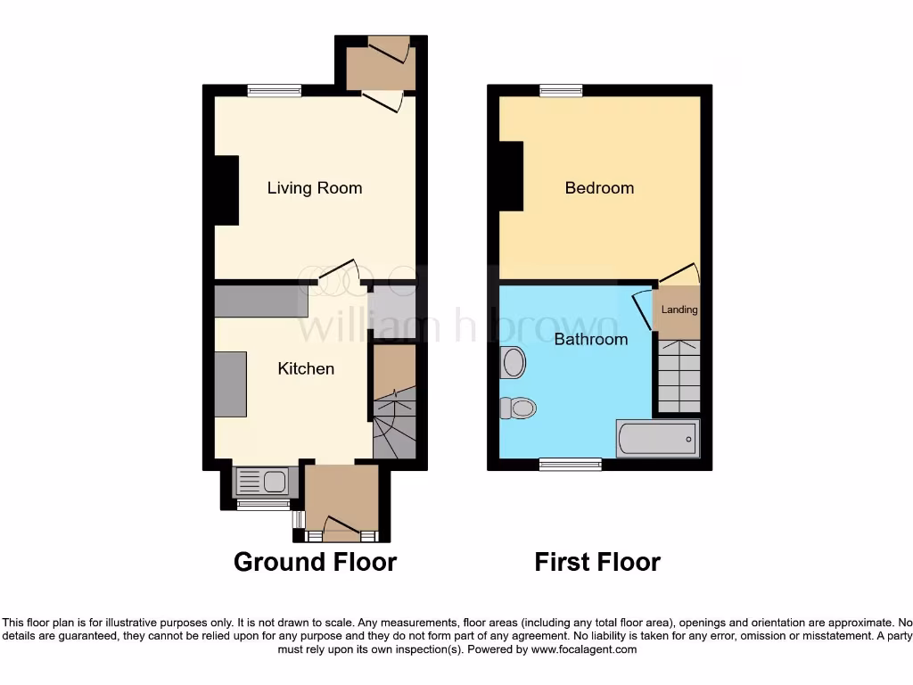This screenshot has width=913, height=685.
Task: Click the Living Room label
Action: pos(315,188)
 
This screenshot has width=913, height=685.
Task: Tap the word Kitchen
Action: pos(306,368)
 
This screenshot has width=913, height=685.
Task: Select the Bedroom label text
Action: pos(599,188)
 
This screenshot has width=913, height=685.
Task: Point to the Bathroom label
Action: pos(590,339)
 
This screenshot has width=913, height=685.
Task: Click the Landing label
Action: pos(679,310)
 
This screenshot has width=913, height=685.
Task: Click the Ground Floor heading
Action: pos(315,562)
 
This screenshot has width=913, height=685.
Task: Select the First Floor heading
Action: pos(596,562)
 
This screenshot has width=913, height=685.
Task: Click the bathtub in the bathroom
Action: pos(658,438)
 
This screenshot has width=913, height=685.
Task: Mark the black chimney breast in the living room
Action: pos(226,190)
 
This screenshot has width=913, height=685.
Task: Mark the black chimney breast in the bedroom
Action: pos(511,176)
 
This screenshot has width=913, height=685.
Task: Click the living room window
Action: pos(275,89)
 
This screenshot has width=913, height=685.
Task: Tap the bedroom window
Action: pos(561,89)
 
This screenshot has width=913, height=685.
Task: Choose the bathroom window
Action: pos(570,464)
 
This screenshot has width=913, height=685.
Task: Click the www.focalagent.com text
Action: pos(584,650)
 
